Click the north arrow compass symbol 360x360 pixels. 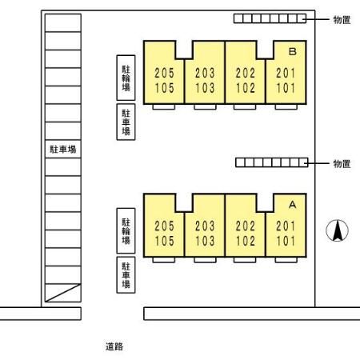coord(337,230)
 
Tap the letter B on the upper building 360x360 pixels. coord(293,51)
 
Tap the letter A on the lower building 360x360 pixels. coord(293,205)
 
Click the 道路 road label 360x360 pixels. coord(114,346)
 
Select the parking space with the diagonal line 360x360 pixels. coord(63,293)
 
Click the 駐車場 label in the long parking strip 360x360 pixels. coord(63,149)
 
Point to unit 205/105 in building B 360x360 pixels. coord(164,80)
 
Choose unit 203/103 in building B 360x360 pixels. coord(205,80)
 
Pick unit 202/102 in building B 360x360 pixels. coord(246,80)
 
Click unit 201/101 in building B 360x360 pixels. coord(286,80)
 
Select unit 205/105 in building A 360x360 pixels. coord(164,234)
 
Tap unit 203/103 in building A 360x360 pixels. coord(205,234)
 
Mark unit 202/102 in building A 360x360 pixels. coord(246,234)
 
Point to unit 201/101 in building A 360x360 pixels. coord(286,234)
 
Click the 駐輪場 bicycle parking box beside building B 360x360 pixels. coord(126,78)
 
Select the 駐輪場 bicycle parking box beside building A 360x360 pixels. coord(126,231)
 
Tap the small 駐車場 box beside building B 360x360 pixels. coord(126,122)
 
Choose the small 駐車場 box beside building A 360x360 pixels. coord(126,275)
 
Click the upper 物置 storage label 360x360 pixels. coord(342,19)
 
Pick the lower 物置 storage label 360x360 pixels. coord(342,163)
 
